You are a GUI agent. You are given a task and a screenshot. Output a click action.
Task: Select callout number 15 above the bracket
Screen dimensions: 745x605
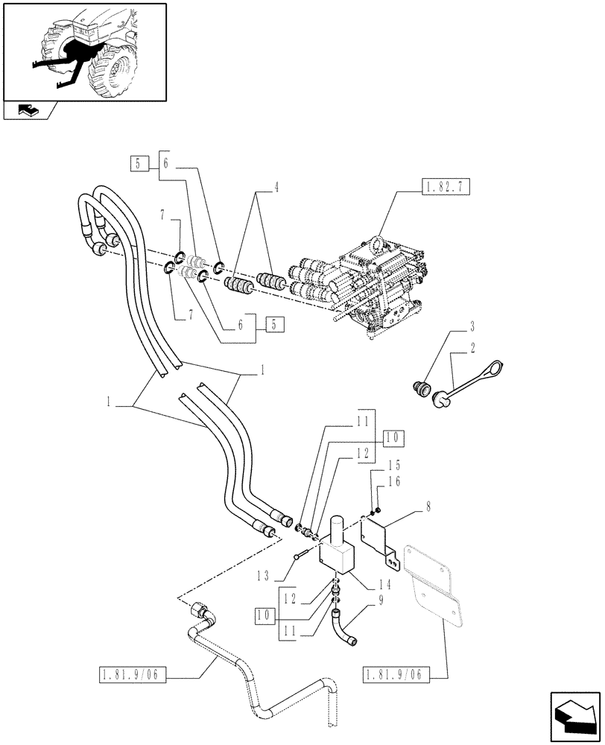point(373,464)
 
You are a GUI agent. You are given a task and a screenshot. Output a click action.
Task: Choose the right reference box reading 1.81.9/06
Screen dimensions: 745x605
point(393,676)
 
